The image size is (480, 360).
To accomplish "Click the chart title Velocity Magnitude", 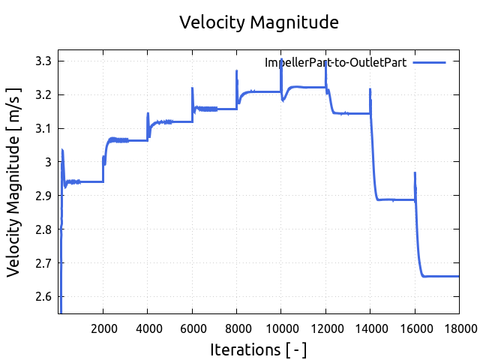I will (259, 22).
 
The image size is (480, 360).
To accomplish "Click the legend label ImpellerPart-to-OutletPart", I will (335, 63).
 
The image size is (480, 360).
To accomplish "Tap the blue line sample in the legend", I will (429, 63).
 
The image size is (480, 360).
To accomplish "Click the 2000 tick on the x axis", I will (103, 327).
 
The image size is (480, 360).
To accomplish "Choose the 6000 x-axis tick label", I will (193, 327).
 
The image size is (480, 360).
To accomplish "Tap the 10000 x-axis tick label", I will (281, 327).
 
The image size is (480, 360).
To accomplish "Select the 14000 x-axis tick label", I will (370, 327).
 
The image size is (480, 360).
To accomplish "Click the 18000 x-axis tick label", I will (458, 327).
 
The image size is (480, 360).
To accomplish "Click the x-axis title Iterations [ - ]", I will (259, 349).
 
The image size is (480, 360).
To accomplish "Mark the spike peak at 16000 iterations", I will (415, 173).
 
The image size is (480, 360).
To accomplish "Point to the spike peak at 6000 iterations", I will (193, 88).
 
